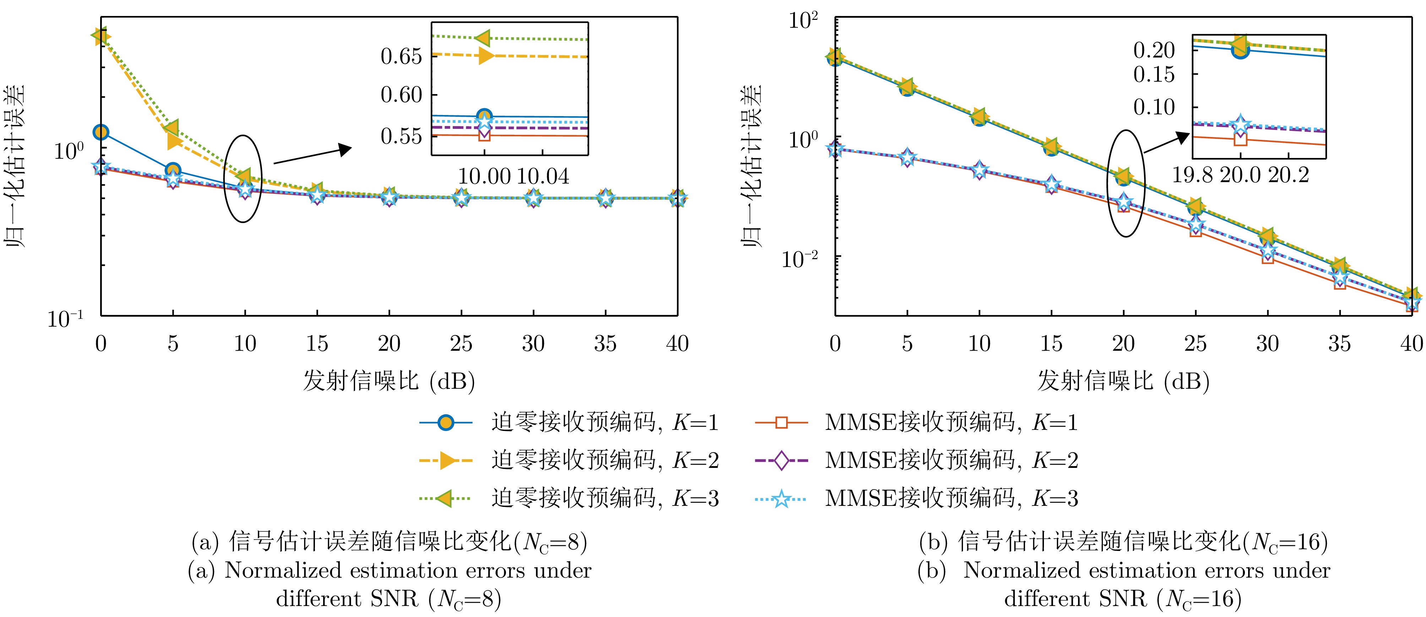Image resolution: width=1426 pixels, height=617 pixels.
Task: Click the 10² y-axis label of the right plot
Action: point(803,21)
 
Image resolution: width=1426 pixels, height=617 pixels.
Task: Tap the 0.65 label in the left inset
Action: point(401,56)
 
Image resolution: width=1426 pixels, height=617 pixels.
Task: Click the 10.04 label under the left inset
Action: point(543,176)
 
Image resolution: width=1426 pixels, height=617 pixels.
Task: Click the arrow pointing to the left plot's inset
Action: point(313,155)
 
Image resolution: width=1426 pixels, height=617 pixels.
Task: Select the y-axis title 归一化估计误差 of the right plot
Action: point(752,166)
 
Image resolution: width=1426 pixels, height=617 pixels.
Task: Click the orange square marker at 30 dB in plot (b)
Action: point(1268,257)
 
